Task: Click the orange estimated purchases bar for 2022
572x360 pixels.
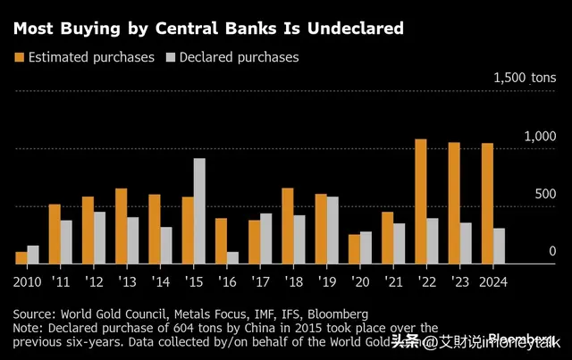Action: [x=420, y=201]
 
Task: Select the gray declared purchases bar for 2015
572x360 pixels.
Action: [x=199, y=211]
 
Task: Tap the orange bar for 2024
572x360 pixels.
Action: [x=487, y=203]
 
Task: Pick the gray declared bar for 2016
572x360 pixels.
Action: [x=232, y=257]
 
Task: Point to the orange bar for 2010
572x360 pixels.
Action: [x=21, y=257]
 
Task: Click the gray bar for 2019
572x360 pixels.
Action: [x=332, y=230]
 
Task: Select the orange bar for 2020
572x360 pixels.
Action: [x=354, y=248]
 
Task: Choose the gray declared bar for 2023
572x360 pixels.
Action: [x=466, y=243]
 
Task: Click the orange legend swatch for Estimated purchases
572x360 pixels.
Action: [x=20, y=57]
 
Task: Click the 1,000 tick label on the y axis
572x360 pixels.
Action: [x=541, y=136]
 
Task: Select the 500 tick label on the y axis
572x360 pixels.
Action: [x=545, y=195]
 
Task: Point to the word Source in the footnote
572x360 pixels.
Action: [x=34, y=314]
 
